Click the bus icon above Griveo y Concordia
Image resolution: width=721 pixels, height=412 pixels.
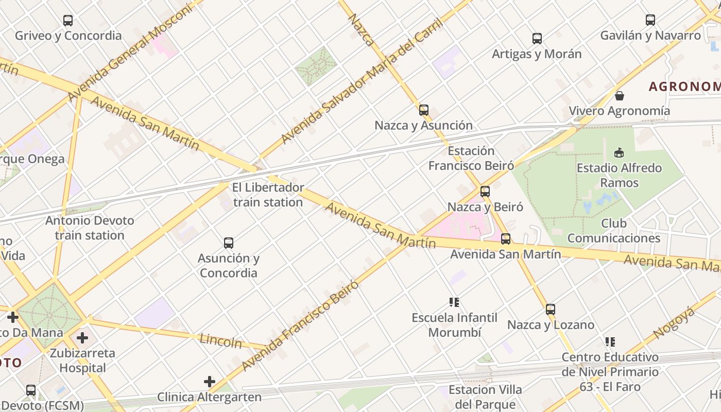click(x=68, y=21)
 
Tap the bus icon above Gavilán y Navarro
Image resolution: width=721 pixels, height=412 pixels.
click(x=650, y=20)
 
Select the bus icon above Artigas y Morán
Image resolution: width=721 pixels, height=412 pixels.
click(x=537, y=39)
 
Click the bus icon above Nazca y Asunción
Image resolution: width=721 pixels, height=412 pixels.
click(x=424, y=110)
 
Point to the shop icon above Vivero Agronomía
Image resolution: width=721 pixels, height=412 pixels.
click(x=620, y=96)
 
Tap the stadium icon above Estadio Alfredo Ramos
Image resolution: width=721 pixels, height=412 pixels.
click(x=619, y=152)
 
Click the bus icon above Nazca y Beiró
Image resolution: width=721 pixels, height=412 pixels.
click(x=485, y=192)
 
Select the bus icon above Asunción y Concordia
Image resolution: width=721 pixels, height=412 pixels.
click(x=229, y=243)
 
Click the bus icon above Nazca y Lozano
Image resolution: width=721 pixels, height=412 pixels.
click(x=551, y=310)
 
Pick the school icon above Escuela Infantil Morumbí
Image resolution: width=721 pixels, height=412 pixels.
click(x=454, y=302)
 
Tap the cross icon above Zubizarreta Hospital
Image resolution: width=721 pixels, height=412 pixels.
click(x=82, y=338)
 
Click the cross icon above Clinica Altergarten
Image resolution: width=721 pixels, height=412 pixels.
click(x=209, y=382)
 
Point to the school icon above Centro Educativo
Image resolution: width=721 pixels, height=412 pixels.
click(x=610, y=342)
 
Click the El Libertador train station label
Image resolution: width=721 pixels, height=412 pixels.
click(x=268, y=195)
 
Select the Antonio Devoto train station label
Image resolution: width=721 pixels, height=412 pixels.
click(x=90, y=228)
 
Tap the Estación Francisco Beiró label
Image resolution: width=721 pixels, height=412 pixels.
click(x=471, y=158)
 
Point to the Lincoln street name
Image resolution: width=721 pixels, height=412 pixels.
click(x=220, y=340)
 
